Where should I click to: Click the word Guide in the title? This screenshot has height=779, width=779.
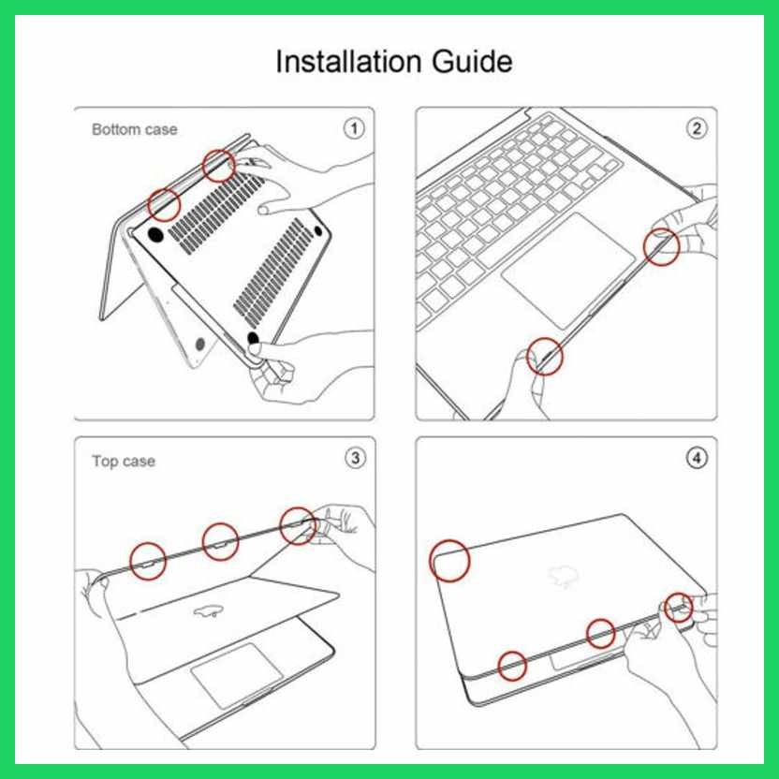click(472, 61)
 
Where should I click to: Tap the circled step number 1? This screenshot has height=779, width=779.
click(354, 128)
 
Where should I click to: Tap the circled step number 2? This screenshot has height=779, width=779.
click(697, 128)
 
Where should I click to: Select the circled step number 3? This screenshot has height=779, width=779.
click(355, 458)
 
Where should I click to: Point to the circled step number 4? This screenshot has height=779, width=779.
click(697, 458)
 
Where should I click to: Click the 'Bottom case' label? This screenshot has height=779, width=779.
click(135, 129)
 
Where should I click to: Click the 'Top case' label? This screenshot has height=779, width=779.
click(124, 461)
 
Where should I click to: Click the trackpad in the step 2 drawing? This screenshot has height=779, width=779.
click(568, 270)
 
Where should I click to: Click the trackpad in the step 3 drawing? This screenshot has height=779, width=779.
click(237, 675)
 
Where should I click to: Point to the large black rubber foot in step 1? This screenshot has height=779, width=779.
click(155, 234)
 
